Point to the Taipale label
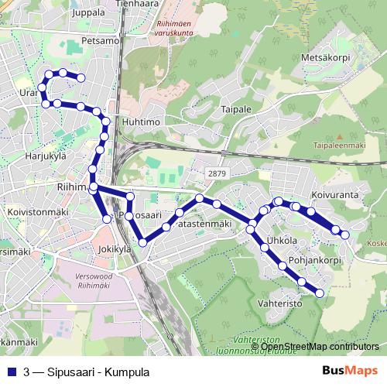tap(235, 109)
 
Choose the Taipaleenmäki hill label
tap(338, 145)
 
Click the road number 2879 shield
tap(216, 173)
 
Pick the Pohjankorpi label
tap(314, 260)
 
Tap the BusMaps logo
tap(350, 372)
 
